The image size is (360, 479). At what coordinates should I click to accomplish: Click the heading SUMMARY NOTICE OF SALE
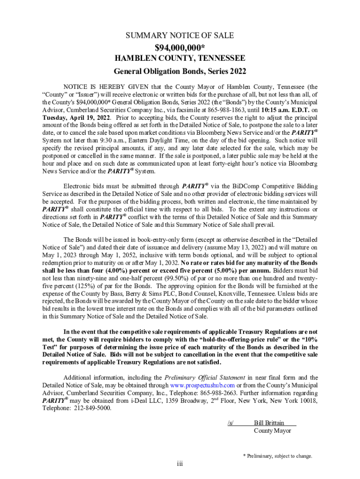coord(180,36)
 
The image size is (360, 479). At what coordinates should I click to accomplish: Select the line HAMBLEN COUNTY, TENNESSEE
coord(180,59)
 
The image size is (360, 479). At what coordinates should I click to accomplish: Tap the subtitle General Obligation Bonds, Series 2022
coord(180,72)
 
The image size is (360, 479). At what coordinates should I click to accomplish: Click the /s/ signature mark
coord(230,422)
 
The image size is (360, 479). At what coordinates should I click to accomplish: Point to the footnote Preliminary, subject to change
coord(277,456)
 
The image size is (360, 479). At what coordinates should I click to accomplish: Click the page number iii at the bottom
coord(180,464)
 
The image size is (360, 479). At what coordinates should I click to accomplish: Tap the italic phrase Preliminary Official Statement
coord(204,377)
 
